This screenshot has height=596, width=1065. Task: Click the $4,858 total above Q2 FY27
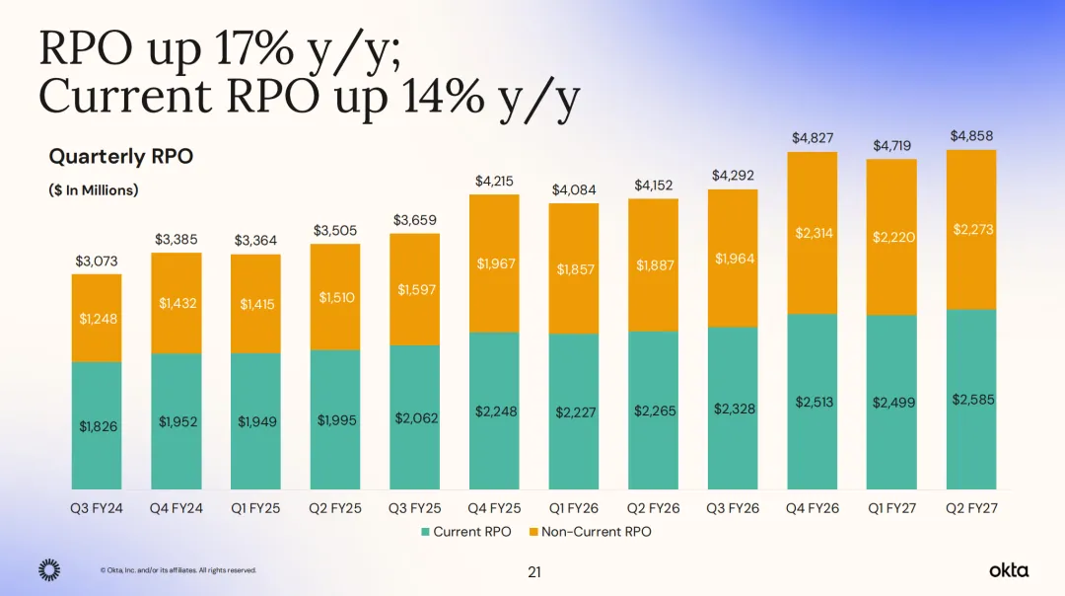click(971, 136)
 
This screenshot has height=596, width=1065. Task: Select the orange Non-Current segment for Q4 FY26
click(813, 233)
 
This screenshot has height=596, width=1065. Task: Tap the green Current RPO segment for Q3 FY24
click(97, 425)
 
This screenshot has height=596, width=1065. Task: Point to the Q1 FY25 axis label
click(255, 508)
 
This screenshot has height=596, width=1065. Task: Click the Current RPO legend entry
click(465, 532)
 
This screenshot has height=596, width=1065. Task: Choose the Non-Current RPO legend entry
click(591, 532)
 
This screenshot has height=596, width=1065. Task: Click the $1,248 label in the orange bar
click(98, 318)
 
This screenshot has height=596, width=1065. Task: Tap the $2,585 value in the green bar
click(972, 400)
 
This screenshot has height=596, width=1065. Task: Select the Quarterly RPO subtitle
click(121, 157)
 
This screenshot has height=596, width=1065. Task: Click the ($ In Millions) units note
click(93, 190)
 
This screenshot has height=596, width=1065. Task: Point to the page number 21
click(534, 572)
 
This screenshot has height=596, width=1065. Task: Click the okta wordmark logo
click(1009, 569)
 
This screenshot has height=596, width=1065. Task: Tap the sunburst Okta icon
click(49, 570)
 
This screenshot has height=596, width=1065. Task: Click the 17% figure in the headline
click(256, 49)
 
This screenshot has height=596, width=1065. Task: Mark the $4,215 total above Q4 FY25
click(494, 182)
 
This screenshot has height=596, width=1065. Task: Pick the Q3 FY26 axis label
click(733, 508)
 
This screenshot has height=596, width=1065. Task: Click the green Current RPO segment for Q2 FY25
click(335, 420)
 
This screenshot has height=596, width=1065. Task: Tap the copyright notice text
click(177, 570)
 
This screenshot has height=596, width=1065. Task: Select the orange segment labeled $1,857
click(574, 269)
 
